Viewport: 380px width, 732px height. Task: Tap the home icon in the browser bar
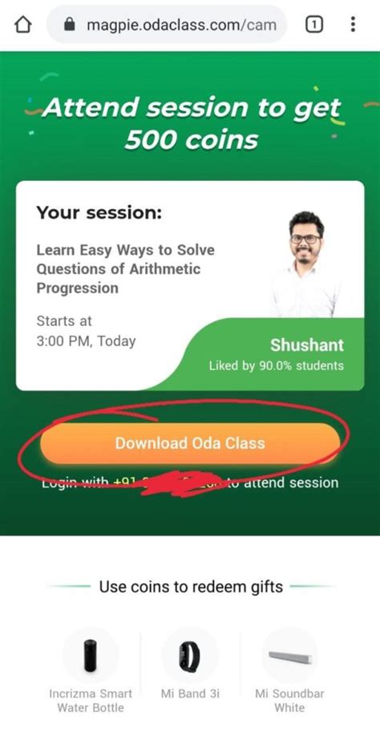tap(23, 25)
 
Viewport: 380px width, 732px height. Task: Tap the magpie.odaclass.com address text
tap(181, 26)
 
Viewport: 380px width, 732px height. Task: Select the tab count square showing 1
tap(314, 25)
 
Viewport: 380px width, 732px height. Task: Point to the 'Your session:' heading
tap(99, 214)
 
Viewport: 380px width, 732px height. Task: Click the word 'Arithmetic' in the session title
tap(160, 269)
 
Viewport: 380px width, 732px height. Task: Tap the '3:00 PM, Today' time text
tap(86, 340)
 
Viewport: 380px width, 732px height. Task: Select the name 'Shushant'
tap(307, 345)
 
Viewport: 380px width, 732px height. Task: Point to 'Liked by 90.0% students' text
tap(277, 366)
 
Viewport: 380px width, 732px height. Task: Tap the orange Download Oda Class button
tap(190, 443)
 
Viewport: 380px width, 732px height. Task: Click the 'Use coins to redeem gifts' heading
tap(191, 587)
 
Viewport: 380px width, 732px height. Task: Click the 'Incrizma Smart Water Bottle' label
tap(90, 700)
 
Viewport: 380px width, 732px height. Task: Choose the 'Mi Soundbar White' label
tap(289, 700)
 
